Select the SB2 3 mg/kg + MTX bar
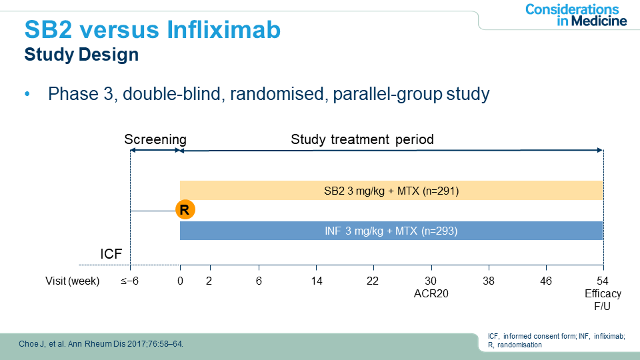pos(391,191)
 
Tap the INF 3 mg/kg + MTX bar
pos(391,231)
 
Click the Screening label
pos(155,139)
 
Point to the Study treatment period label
pos(362,139)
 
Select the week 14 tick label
pos(317,281)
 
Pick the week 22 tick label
pos(373,281)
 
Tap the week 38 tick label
pos(489,281)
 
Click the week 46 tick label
pos(546,281)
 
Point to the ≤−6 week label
pos(129,281)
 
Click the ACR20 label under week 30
pos(431,293)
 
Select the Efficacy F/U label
pos(603,299)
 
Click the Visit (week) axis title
pos(73,281)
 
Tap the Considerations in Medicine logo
pos(576,15)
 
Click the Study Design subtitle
pos(81,55)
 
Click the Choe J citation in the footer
pos(100,343)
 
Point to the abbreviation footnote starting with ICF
pos(557,340)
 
